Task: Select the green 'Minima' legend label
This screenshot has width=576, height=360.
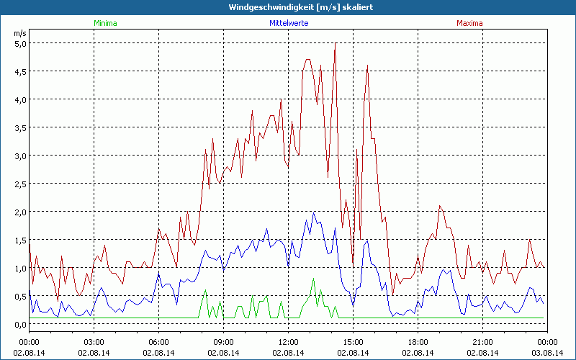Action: [x=104, y=23]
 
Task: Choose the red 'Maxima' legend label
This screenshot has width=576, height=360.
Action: [x=469, y=23]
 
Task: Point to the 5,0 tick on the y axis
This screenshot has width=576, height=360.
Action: [x=21, y=43]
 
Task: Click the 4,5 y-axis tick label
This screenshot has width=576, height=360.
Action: [x=21, y=71]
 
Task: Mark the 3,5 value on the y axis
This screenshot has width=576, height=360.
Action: [x=21, y=127]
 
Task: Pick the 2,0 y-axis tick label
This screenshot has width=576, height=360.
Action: [x=21, y=212]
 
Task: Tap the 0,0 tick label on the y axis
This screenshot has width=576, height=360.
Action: [x=21, y=324]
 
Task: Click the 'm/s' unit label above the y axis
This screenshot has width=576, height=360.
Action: [x=19, y=33]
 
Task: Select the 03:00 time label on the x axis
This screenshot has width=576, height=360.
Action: [x=94, y=342]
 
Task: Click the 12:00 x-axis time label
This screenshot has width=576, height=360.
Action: [x=288, y=342]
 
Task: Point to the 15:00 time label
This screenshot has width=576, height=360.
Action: [x=353, y=342]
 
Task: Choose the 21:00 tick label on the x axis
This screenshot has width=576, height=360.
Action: [x=482, y=342]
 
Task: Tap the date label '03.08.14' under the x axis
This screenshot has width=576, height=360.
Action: [x=547, y=353]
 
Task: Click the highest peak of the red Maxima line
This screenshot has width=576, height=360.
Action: [x=335, y=44]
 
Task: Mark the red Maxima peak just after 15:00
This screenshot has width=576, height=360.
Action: [x=367, y=66]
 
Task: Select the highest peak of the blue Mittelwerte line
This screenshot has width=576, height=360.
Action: [x=314, y=213]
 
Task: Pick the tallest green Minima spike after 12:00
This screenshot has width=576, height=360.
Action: [x=313, y=279]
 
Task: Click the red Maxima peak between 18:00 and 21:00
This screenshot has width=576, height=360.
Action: [x=440, y=206]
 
